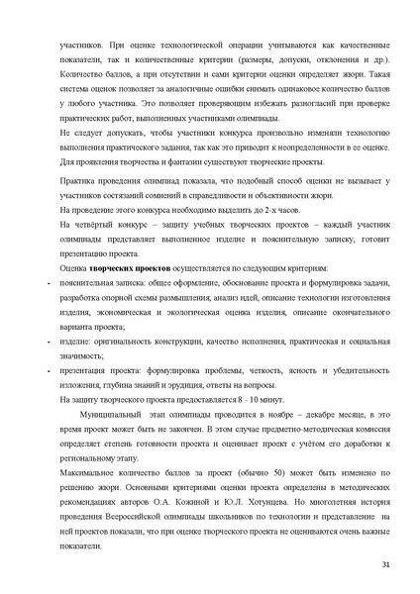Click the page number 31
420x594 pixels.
[385, 563]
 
